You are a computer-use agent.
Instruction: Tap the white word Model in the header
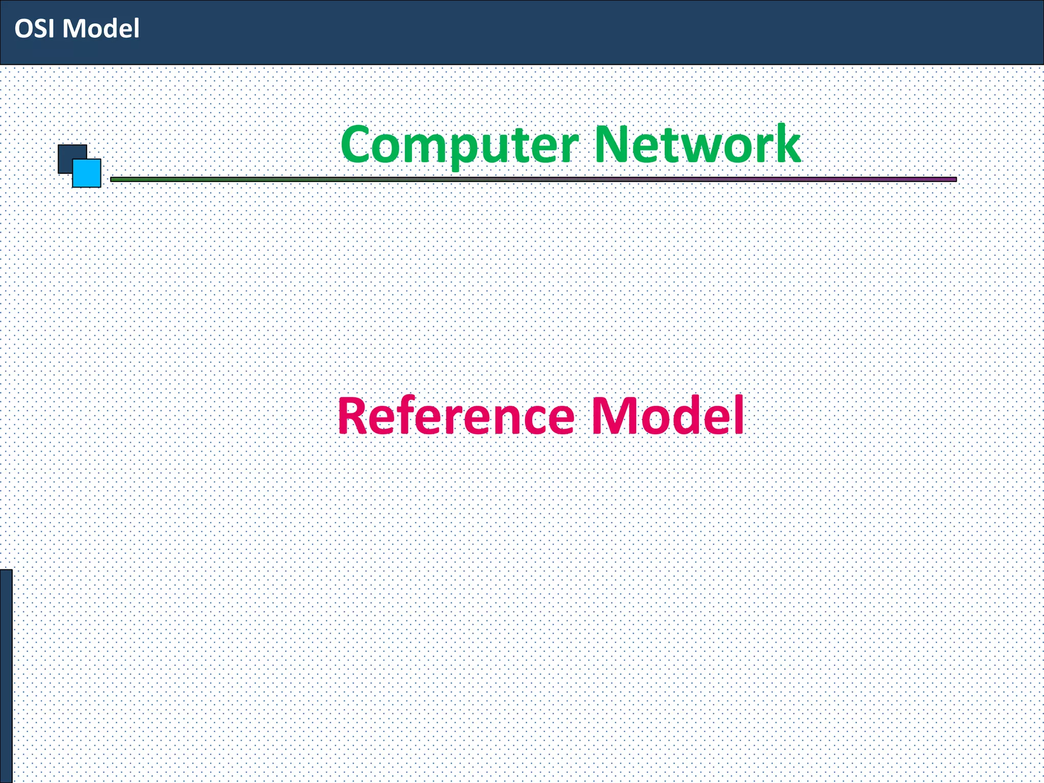(x=101, y=29)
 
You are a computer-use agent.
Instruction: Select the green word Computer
(x=459, y=145)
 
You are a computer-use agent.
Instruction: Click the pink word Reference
(x=456, y=416)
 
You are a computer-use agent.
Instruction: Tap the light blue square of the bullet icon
(x=88, y=174)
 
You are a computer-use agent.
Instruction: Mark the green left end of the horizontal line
(x=115, y=179)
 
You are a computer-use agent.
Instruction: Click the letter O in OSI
(x=23, y=29)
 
